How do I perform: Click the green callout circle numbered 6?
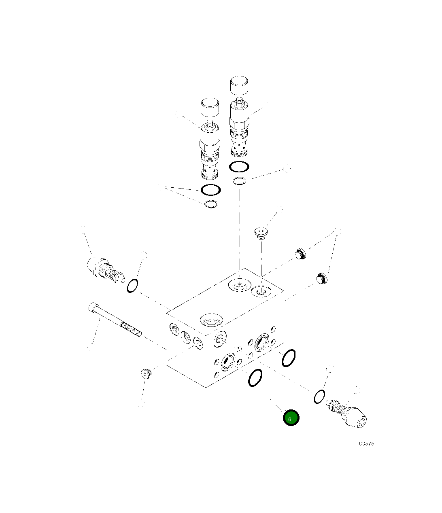[x=291, y=418]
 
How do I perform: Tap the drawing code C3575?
[x=366, y=443]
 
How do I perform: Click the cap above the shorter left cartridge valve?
[x=210, y=108]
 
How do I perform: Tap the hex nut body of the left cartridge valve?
[x=210, y=144]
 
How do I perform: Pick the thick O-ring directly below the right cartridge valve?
[x=239, y=166]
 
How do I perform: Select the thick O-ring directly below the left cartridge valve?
[x=210, y=189]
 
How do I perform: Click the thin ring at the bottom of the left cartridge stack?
[x=211, y=205]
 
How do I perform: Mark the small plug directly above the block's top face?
[x=261, y=233]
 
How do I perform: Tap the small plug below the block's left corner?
[x=146, y=373]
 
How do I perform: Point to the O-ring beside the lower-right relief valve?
[x=319, y=396]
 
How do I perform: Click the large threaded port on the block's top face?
[x=211, y=320]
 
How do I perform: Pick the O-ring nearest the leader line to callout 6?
[x=255, y=378]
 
